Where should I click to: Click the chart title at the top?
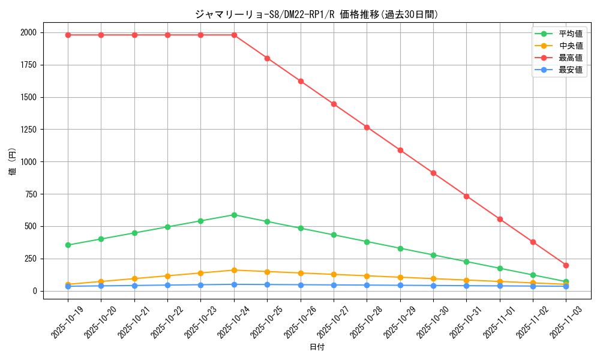tap(317, 14)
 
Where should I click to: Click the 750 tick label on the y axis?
tap(29, 194)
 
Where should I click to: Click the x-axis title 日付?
tap(317, 347)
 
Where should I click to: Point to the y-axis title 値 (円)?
tap(13, 161)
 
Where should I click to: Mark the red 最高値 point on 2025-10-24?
tap(234, 35)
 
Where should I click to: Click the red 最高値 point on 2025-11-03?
tap(566, 265)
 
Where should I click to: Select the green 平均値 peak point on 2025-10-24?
tap(234, 215)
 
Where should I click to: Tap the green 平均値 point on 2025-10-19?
tap(68, 245)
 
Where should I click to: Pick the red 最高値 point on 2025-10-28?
tap(367, 127)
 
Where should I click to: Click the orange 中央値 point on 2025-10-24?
tap(234, 270)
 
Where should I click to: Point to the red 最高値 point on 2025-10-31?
tap(466, 196)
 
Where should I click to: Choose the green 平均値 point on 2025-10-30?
tap(433, 255)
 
